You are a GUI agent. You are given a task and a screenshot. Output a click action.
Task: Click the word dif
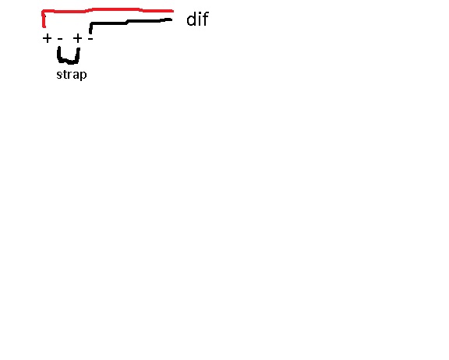click(197, 19)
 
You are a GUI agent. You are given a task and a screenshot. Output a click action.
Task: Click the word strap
click(72, 75)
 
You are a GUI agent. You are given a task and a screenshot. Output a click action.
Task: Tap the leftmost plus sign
click(47, 38)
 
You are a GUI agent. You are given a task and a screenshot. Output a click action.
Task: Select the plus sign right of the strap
click(78, 38)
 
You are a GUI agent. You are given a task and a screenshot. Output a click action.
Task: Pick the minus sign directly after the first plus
click(60, 38)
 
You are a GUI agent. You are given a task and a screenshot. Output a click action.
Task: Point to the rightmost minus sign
click(90, 38)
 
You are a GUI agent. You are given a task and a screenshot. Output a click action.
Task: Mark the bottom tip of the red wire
click(44, 27)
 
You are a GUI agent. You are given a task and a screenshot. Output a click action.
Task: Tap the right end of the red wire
click(173, 11)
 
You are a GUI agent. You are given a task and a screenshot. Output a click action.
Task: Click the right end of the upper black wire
click(171, 19)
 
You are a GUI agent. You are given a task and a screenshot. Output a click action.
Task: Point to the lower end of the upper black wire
click(90, 33)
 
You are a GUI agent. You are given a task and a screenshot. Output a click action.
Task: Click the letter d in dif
click(192, 19)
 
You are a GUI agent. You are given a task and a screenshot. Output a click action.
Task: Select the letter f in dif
click(206, 19)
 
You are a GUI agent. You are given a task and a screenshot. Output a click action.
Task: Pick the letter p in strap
click(83, 76)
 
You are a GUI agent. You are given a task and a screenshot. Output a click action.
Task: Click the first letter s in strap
click(59, 76)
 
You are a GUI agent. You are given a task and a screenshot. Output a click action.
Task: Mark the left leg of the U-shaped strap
click(59, 55)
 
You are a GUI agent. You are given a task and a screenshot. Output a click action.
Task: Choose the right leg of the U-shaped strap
click(78, 55)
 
